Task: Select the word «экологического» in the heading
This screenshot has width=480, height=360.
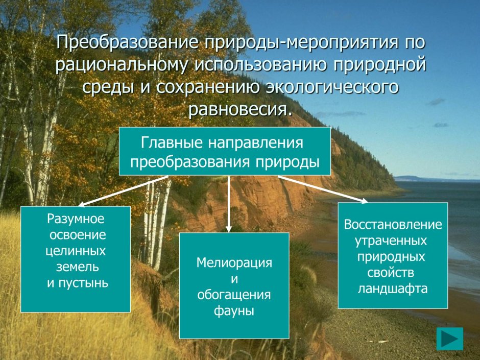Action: click(331, 87)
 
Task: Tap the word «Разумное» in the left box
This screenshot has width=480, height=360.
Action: click(76, 219)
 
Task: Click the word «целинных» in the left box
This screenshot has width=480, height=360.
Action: click(76, 251)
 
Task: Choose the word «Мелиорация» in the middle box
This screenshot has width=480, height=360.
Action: click(234, 263)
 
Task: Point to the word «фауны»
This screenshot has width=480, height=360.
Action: click(234, 310)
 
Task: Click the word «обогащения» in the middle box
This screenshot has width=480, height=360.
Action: click(234, 295)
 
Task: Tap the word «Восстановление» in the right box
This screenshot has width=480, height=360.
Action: click(393, 225)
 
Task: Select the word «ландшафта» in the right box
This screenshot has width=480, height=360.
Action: click(393, 289)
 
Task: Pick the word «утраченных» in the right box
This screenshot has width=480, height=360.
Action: click(393, 241)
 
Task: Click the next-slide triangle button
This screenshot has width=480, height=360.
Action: click(450, 339)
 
